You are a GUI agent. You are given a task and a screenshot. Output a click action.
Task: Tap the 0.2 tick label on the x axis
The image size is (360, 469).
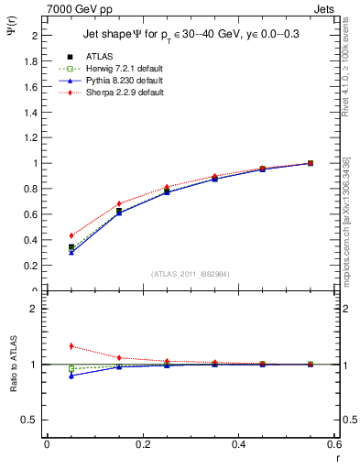pyautogui.click(x=143, y=444)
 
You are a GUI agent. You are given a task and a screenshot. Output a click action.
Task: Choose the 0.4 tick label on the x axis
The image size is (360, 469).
pyautogui.click(x=239, y=444)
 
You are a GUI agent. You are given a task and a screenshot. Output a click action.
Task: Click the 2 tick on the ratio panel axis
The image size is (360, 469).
pyautogui.click(x=34, y=309)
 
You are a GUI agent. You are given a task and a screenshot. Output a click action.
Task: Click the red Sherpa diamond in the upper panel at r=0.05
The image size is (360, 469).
pyautogui.click(x=71, y=235)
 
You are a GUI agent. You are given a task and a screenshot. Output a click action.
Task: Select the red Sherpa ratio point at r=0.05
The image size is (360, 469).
pyautogui.click(x=71, y=346)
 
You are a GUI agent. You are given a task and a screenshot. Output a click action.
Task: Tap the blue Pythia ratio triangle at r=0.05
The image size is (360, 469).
pyautogui.click(x=71, y=376)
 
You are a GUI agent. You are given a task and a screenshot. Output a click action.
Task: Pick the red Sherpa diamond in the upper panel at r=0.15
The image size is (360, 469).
pyautogui.click(x=119, y=203)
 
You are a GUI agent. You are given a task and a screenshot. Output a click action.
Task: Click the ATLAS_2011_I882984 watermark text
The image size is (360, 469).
pyautogui.click(x=190, y=273)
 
